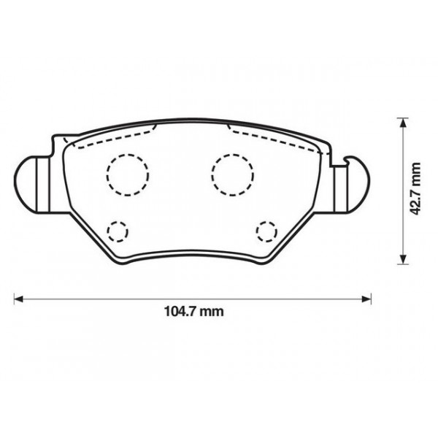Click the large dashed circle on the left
pyautogui.click(x=127, y=172)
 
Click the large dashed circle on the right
pyautogui.click(x=233, y=172)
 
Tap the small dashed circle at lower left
pyautogui.click(x=117, y=232)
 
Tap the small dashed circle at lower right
pyautogui.click(x=267, y=231)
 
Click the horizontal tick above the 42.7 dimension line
pyautogui.click(x=401, y=117)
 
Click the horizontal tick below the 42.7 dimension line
pyautogui.click(x=401, y=264)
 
